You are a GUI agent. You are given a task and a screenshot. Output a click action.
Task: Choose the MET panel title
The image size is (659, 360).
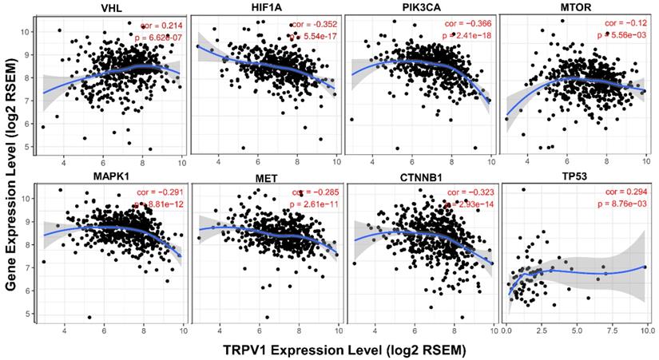(x=266, y=178)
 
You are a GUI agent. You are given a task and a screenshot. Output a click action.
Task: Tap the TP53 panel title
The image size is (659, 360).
(x=577, y=178)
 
